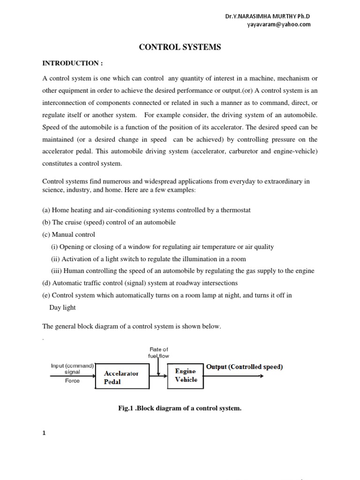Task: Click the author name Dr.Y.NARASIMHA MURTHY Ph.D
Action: coord(268,16)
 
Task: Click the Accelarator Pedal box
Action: coord(121,377)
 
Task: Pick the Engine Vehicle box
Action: coord(186,375)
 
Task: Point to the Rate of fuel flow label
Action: coord(158,352)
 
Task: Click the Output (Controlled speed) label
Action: coord(244,367)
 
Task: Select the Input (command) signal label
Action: coord(73,368)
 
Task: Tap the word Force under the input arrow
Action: coord(72,381)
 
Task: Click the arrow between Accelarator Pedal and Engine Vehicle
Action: coord(159,375)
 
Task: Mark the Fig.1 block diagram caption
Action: coord(180,408)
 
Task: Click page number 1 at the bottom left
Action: coord(45,433)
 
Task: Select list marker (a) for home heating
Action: coord(46,210)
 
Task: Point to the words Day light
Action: coord(62,307)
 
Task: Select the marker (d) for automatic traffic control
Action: coord(46,283)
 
